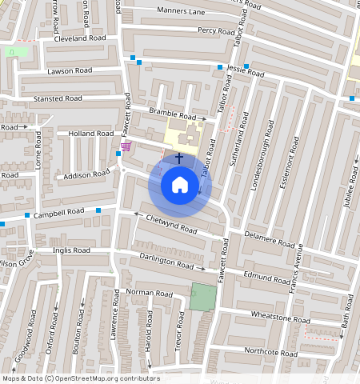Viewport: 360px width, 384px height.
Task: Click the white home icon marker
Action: click(x=180, y=185)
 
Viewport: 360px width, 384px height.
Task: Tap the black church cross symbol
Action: click(x=179, y=158)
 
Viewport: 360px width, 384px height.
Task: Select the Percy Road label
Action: click(x=217, y=30)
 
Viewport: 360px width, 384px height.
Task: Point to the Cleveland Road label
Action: click(x=80, y=38)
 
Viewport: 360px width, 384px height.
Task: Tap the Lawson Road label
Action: click(x=70, y=71)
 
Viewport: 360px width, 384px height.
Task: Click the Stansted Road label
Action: click(x=58, y=98)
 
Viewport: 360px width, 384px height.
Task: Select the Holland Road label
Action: click(x=92, y=134)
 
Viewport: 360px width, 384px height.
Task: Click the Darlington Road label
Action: click(x=166, y=262)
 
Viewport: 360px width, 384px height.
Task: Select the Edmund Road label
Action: click(x=266, y=278)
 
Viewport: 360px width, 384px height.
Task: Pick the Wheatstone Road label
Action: click(x=280, y=316)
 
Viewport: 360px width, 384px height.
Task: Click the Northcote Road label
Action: click(x=270, y=352)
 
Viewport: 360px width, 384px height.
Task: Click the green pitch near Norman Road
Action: click(x=203, y=297)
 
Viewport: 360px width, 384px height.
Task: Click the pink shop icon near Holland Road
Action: click(x=126, y=146)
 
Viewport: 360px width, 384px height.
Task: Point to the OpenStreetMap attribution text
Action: click(x=81, y=378)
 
